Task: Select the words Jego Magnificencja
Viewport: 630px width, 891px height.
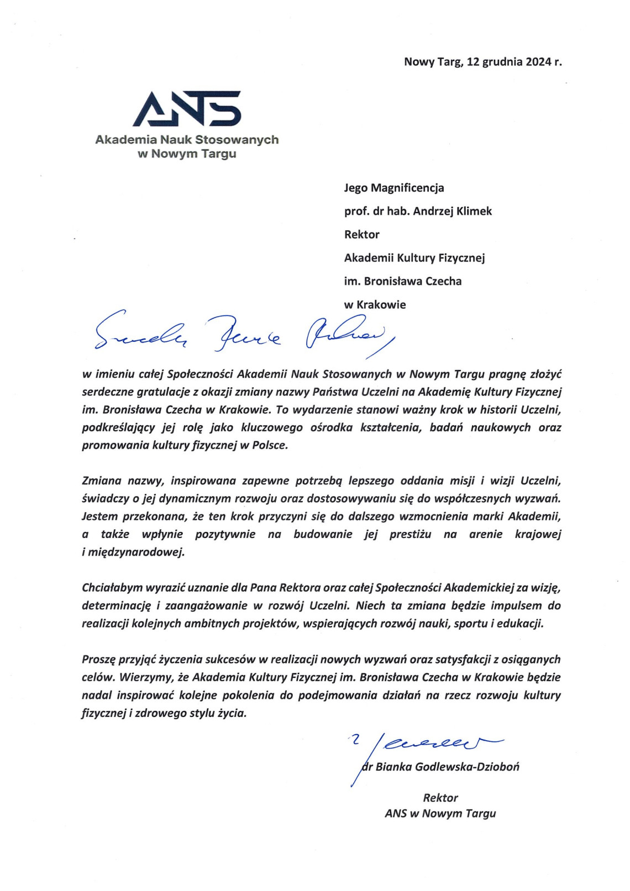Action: pos(394,188)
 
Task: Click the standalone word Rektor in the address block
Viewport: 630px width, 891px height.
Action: pos(362,234)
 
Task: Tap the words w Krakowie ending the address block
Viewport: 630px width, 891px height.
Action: pos(375,304)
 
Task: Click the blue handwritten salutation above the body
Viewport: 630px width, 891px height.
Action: pos(243,334)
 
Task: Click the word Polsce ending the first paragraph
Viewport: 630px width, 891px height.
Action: pos(270,445)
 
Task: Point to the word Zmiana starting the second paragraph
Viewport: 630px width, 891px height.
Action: pos(101,481)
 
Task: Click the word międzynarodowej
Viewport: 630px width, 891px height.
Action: pos(136,552)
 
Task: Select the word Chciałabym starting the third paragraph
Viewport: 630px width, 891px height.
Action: pos(112,588)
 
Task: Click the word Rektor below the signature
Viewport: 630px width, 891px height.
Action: pos(440,798)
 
